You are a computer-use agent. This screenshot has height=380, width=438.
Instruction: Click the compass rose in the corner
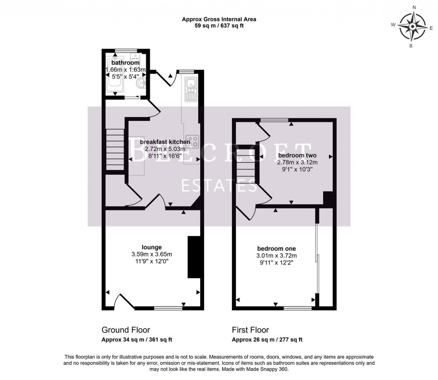click(x=411, y=27)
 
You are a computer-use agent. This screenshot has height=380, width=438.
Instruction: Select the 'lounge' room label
click(x=152, y=247)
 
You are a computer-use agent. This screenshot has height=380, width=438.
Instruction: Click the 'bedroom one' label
click(x=276, y=249)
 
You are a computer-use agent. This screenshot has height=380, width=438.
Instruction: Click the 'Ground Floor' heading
click(x=126, y=330)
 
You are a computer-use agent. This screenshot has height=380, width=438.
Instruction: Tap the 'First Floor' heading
click(x=250, y=330)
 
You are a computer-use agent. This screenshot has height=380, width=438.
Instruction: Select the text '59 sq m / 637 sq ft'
click(x=219, y=26)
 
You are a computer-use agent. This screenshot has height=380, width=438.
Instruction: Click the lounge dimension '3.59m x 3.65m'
click(x=152, y=254)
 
